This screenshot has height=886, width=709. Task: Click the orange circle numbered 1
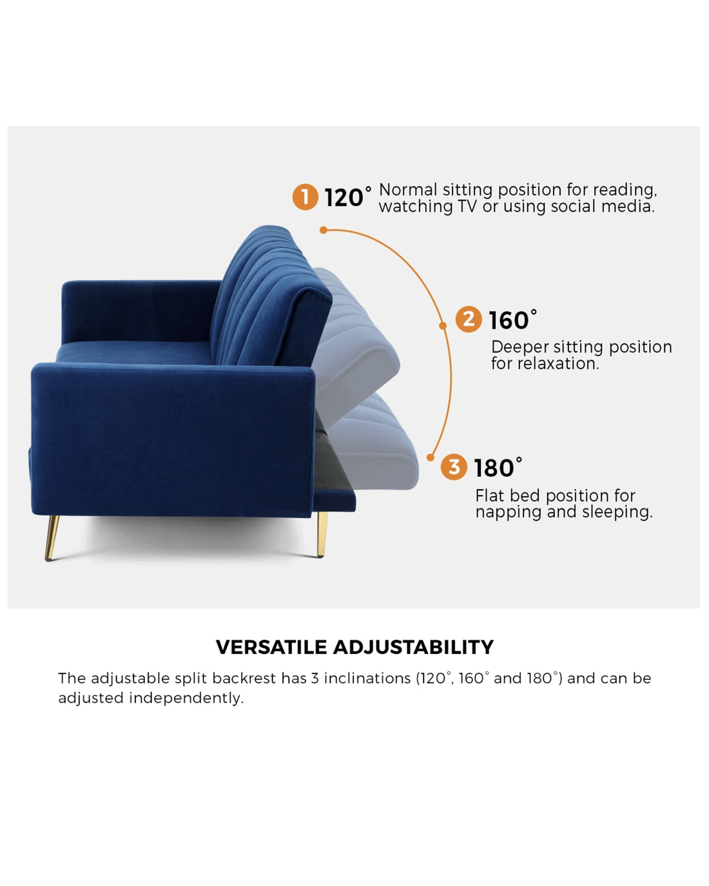[x=306, y=197]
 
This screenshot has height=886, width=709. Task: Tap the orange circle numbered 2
[x=469, y=319]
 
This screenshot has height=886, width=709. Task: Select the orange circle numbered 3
[x=454, y=467]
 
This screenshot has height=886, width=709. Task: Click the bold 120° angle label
[x=347, y=197]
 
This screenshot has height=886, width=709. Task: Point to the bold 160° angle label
[x=512, y=320]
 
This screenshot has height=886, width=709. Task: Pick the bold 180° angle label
[x=498, y=467]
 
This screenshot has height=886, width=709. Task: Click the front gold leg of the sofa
[x=52, y=538]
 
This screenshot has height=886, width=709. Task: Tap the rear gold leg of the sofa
[x=322, y=534]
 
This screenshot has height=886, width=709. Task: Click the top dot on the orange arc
[x=324, y=230]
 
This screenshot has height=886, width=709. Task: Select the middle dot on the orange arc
[x=443, y=325]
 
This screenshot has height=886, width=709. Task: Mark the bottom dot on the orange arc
[x=431, y=457]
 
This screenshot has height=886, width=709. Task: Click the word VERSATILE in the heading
[x=271, y=647]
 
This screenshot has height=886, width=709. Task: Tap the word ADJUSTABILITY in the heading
[x=413, y=647]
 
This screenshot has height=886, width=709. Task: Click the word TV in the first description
[x=467, y=207]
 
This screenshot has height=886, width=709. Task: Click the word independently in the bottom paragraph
[x=186, y=698]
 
